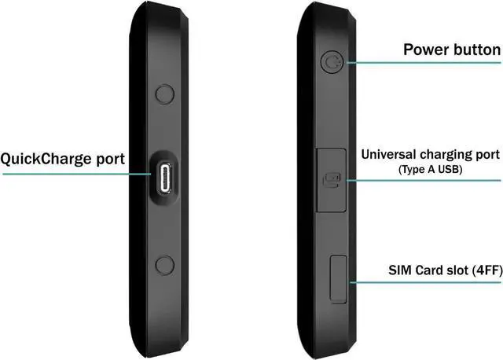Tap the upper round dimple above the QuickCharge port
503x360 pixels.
point(165,94)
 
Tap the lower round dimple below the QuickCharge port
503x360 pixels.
point(165,265)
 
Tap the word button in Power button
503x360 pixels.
point(476,50)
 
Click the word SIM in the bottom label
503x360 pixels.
point(399,270)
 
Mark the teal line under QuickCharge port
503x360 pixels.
point(63,174)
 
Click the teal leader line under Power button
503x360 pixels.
point(424,63)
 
